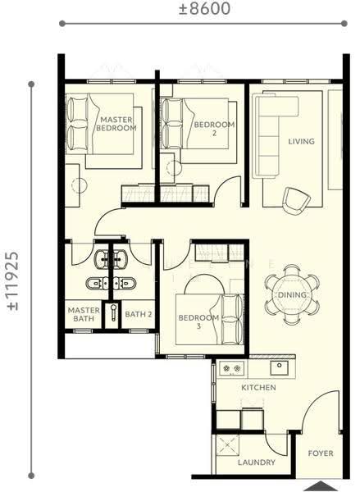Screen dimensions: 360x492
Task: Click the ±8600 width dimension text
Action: coord(205,8)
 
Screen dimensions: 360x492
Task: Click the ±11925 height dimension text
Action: coord(13,280)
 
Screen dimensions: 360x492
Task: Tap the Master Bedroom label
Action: coord(116,124)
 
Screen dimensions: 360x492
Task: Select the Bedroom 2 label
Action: coord(214,129)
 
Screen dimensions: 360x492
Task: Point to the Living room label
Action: coord(301,142)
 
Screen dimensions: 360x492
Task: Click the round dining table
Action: coord(292,294)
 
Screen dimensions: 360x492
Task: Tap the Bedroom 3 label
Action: coord(198,321)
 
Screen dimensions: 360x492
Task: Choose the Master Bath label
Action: coord(84,314)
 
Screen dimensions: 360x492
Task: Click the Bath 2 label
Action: coord(139,314)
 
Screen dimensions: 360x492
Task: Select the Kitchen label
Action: coord(258,388)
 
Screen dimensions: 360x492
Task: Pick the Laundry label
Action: coord(257,462)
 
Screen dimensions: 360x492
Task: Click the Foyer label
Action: coord(321,453)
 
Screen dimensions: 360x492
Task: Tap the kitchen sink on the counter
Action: coord(280,367)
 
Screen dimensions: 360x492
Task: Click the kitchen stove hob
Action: coord(231,367)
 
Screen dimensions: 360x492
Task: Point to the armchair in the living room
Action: coord(296,201)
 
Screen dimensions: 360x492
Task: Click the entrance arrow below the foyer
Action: coord(320,486)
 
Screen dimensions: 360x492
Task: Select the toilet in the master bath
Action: coord(98,284)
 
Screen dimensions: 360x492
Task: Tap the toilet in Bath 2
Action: coord(125,284)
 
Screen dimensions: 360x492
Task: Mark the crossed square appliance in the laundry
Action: coord(227,445)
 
